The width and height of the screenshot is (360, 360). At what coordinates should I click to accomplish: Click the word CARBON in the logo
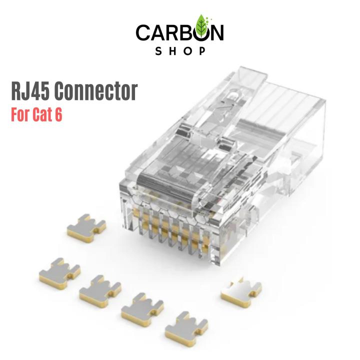179,33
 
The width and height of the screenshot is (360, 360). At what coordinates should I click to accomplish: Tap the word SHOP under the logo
179,51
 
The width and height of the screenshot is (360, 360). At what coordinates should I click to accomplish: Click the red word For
21,114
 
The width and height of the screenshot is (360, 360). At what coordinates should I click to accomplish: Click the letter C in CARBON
143,33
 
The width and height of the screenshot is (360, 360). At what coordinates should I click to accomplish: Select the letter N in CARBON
216,33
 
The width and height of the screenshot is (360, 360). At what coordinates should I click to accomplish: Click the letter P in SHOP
202,51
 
